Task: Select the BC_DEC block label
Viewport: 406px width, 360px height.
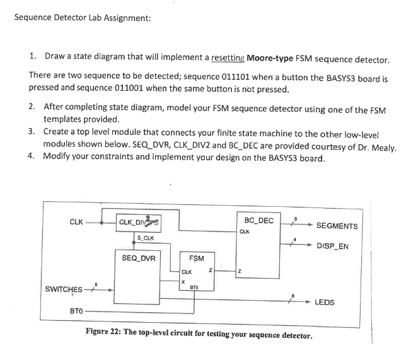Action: coord(258,220)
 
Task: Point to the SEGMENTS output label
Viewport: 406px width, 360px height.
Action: coord(337,226)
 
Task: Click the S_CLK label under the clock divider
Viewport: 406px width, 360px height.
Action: coord(146,238)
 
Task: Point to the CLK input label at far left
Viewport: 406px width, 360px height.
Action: coord(77,221)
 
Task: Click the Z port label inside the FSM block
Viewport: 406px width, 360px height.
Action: coord(210,272)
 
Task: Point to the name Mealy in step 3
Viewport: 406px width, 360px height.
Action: coord(383,148)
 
